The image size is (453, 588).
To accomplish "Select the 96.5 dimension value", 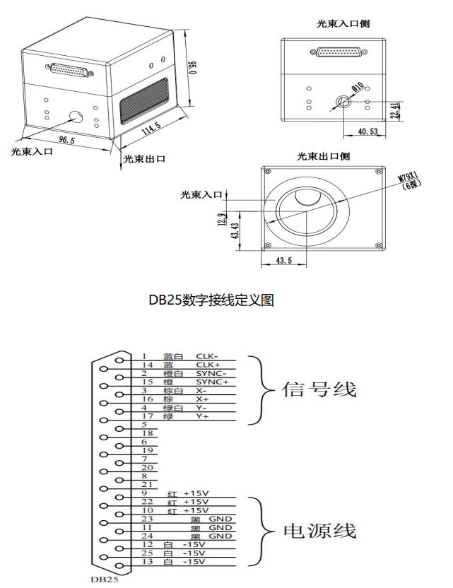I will point(66,140).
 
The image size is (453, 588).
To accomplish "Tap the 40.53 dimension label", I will point(367,131).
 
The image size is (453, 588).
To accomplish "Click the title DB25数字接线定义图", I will point(211,300).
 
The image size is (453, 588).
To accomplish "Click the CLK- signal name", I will point(207,356).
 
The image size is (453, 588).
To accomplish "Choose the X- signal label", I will point(201,390).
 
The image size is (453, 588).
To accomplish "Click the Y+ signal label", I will point(202,416).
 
